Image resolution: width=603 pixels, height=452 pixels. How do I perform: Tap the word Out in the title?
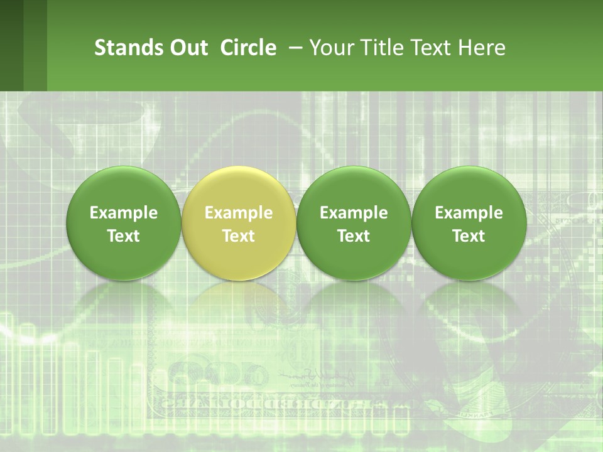(x=187, y=48)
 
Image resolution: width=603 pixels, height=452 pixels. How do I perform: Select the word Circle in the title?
(x=248, y=48)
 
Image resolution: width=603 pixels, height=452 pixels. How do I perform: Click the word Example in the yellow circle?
(x=239, y=213)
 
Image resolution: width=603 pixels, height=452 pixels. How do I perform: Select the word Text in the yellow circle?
(x=239, y=236)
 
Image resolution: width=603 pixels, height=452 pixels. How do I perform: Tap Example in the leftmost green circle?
(x=124, y=213)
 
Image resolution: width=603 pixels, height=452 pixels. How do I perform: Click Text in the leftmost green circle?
(x=124, y=236)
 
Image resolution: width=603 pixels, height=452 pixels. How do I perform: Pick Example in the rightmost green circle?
(x=469, y=213)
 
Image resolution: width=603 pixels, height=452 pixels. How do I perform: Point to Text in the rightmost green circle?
(x=469, y=236)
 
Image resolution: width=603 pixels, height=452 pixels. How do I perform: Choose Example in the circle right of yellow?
(x=354, y=213)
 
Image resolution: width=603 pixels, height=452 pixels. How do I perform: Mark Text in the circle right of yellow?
(x=354, y=236)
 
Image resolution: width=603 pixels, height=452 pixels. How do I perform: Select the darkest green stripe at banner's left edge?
(x=11, y=45)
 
